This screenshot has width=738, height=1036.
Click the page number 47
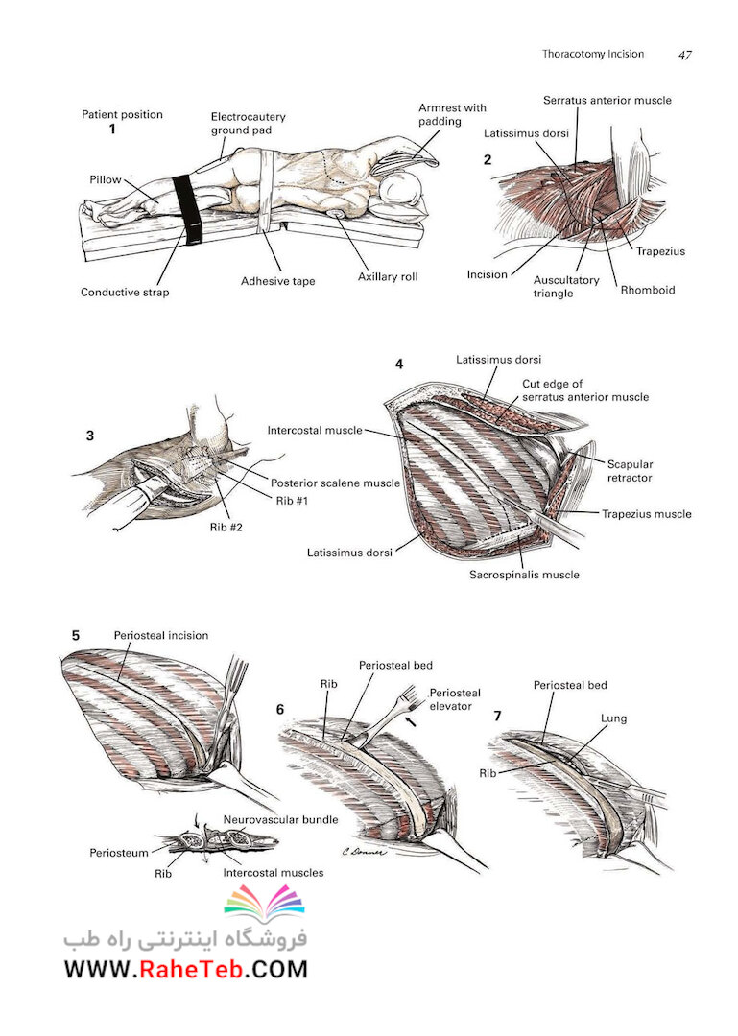click(x=685, y=55)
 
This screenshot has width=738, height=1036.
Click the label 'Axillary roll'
click(x=388, y=277)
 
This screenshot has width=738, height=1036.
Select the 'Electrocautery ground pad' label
click(x=248, y=124)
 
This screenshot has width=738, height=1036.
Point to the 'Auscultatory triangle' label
click(x=566, y=286)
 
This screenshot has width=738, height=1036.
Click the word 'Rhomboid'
click(x=648, y=290)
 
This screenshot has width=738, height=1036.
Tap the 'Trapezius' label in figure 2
click(x=660, y=251)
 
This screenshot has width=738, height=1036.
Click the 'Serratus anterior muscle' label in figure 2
click(x=607, y=101)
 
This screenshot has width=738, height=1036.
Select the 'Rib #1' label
click(x=292, y=500)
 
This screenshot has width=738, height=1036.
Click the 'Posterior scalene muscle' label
click(x=335, y=483)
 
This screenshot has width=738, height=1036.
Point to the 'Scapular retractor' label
click(x=630, y=471)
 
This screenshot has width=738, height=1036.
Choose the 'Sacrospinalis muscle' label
click(x=524, y=575)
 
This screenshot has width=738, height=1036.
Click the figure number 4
click(x=399, y=365)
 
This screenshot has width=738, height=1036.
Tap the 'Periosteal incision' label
click(x=160, y=636)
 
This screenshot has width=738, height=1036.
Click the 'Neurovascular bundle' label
click(x=280, y=819)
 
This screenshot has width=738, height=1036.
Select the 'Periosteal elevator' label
click(x=455, y=699)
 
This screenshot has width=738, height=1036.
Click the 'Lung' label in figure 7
click(x=613, y=718)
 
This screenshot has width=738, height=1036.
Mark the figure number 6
click(x=279, y=710)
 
